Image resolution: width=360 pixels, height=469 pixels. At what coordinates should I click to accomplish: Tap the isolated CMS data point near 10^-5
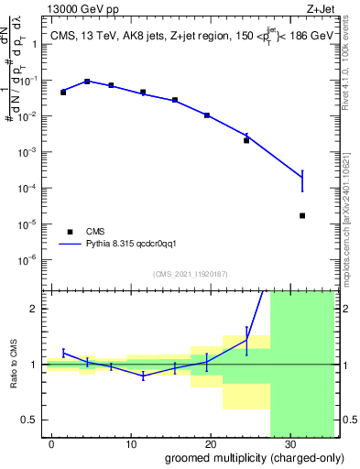tap(302, 215)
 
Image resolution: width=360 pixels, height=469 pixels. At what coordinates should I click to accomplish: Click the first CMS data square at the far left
tap(63, 93)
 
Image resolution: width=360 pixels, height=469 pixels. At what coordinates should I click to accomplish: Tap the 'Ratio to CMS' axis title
tap(15, 364)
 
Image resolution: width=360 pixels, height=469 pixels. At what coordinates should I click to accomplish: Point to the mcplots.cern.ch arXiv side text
tap(352, 211)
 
